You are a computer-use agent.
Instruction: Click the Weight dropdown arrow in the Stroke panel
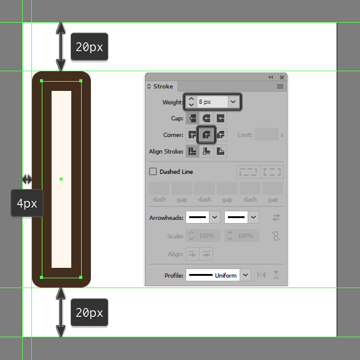click(233, 102)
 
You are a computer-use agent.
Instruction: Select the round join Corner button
click(206, 135)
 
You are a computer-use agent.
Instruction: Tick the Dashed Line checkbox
click(153, 171)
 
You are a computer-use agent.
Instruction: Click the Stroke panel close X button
click(282, 77)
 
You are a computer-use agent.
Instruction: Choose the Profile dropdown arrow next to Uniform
click(245, 275)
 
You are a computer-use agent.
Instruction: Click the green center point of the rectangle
click(61, 179)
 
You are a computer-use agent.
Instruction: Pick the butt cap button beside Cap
click(192, 118)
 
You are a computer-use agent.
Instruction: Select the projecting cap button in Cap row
click(221, 118)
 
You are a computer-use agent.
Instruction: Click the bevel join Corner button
click(221, 135)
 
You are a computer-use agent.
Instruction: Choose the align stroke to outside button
click(221, 151)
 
